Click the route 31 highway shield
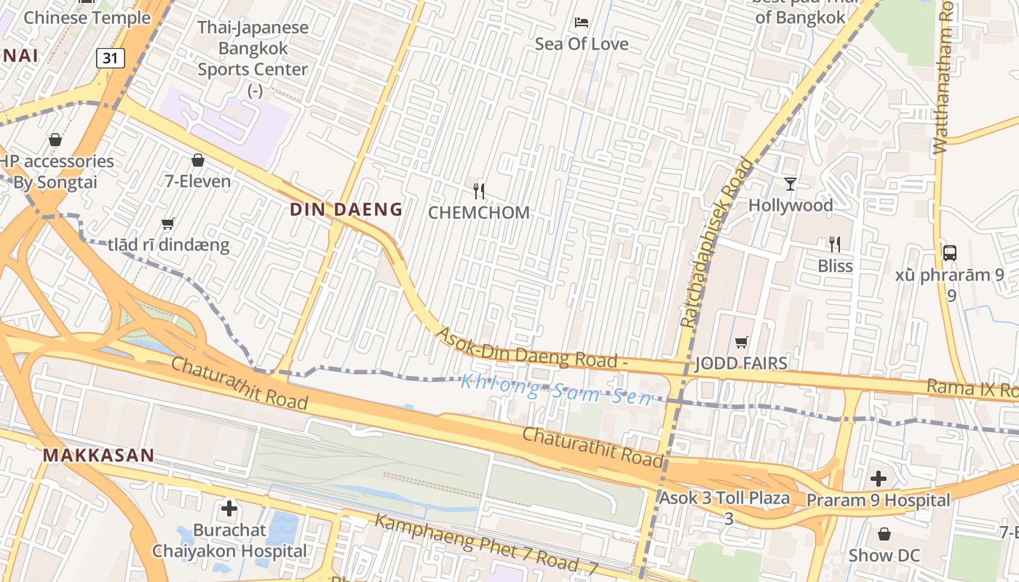110,57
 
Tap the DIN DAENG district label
346,210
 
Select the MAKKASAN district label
98,456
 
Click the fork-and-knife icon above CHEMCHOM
479,191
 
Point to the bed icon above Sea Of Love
581,22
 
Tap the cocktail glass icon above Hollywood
790,183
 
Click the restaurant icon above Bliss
835,244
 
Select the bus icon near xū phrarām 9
949,253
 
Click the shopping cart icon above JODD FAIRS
741,342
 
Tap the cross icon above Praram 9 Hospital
879,479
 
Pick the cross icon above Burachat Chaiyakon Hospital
229,508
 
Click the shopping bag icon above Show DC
884,535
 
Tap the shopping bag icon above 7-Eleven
197,160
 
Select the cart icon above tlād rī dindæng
168,224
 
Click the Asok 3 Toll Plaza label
724,499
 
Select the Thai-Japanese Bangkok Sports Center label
253,49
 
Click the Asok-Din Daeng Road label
531,350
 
